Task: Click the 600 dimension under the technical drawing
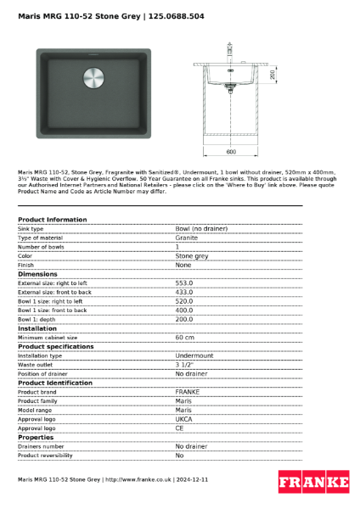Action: coord(230,152)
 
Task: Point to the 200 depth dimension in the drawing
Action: coord(272,76)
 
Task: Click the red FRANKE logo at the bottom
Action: coord(313,482)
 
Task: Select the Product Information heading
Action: coord(53,220)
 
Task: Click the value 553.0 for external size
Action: coord(184,282)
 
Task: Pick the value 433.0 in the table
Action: coord(184,292)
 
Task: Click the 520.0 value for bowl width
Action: coord(184,301)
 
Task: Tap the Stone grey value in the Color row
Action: coord(192,255)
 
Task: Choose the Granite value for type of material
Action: coord(187,238)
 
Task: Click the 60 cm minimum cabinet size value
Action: coord(185,338)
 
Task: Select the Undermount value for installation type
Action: coord(194,355)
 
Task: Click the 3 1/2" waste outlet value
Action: coord(184,365)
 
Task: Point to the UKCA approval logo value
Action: coord(184,419)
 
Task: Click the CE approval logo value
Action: coord(180,428)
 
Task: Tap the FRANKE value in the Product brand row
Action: coord(188,392)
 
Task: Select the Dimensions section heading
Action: coord(38,274)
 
